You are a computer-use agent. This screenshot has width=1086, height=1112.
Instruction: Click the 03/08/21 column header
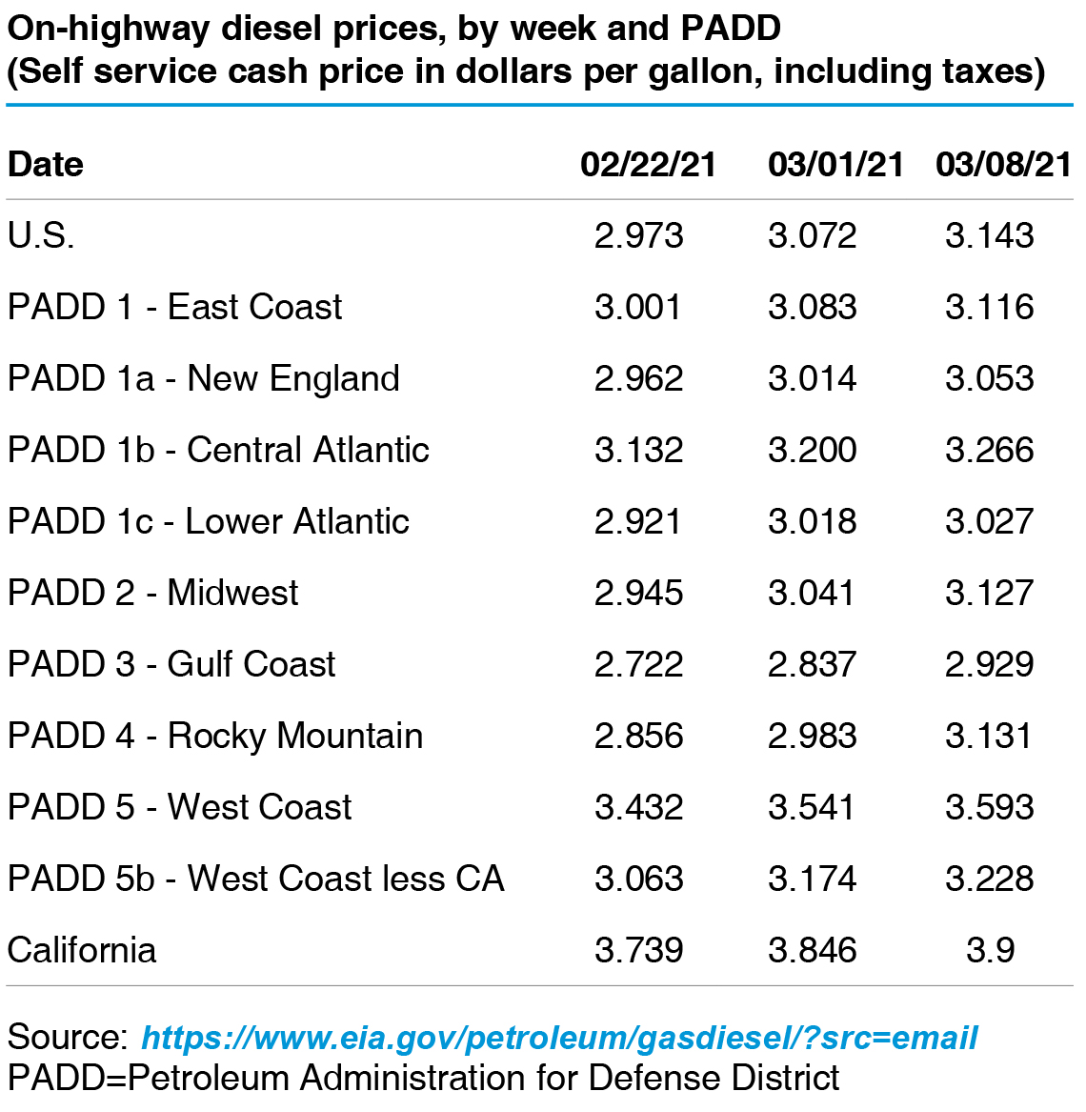1003,165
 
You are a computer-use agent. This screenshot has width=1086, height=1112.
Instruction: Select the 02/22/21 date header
648,165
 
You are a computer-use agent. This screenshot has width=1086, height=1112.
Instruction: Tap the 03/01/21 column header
835,165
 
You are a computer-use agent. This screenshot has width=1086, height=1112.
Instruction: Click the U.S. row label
41,235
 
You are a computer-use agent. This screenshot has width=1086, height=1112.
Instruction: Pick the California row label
82,950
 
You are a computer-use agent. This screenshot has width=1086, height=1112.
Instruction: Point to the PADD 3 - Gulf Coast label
171,664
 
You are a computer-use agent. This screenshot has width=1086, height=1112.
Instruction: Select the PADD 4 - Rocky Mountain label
215,736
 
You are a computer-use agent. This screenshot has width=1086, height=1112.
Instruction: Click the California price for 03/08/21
990,950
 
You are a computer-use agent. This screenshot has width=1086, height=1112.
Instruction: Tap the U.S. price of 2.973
638,235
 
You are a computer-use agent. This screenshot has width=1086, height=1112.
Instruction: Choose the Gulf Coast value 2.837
813,664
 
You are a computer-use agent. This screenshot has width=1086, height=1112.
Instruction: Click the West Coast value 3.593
990,807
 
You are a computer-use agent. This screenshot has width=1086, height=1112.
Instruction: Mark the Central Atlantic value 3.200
813,450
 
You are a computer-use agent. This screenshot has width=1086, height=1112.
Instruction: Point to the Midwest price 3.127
990,593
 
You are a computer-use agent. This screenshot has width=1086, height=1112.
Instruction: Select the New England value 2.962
638,378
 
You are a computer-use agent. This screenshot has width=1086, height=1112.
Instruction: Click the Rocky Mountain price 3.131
990,736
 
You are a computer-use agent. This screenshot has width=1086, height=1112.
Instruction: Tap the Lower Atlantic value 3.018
813,521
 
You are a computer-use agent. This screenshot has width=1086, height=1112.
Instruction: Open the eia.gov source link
559,1038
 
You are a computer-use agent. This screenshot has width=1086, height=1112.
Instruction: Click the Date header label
46,165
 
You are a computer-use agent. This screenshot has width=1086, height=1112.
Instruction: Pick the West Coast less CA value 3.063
638,879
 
